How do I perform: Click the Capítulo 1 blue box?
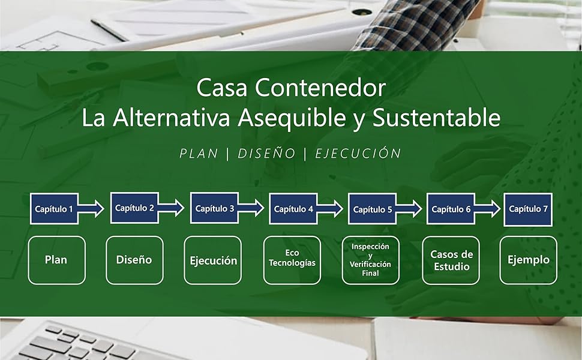coord(54,209)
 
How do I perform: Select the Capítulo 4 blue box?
coord(293,209)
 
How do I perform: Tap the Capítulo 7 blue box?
coord(528,209)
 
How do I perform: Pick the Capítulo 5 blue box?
coord(373,209)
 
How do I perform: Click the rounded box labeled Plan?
coord(56,260)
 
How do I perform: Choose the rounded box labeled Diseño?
coord(134,260)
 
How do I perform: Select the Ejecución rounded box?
coord(213,260)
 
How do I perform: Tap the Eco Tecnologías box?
coord(292,260)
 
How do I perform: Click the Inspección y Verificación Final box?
coord(370,260)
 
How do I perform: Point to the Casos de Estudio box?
coord(451,260)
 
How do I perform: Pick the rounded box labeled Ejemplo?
coord(528,260)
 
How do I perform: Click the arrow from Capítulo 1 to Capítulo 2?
coord(91,209)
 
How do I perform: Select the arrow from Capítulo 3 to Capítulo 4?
coord(251,208)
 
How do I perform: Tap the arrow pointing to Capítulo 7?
coord(488,209)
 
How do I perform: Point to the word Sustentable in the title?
coord(436,118)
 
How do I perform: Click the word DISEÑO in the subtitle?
coord(266,154)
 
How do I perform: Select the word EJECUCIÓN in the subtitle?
coord(357,154)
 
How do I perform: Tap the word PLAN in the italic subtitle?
coord(199,154)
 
